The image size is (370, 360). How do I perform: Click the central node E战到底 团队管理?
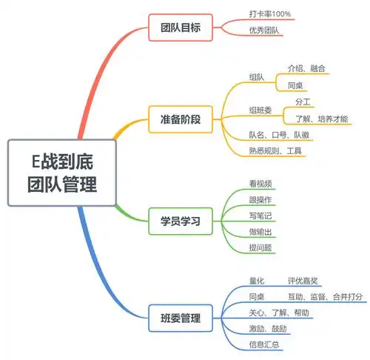pyautogui.click(x=62, y=172)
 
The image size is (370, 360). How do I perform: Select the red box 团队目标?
pyautogui.click(x=180, y=28)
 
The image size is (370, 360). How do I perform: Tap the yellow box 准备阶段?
pyautogui.click(x=180, y=119)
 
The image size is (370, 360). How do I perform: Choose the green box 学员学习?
pyautogui.click(x=180, y=221)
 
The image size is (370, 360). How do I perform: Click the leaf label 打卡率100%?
pyautogui.click(x=270, y=15)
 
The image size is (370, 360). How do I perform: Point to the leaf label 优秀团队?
pyautogui.click(x=265, y=31)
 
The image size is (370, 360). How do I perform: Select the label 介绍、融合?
pyautogui.click(x=306, y=68)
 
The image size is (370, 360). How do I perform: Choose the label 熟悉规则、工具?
pyautogui.click(x=277, y=151)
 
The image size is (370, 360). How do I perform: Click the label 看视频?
pyautogui.click(x=261, y=183)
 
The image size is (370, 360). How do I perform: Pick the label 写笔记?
pyautogui.click(x=261, y=216)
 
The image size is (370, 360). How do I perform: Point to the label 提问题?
pyautogui.click(x=261, y=248)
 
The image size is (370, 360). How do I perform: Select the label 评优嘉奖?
pyautogui.click(x=303, y=281)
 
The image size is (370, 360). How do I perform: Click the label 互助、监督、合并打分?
pyautogui.click(x=325, y=296)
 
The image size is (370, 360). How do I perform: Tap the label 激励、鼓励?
pyautogui.click(x=268, y=328)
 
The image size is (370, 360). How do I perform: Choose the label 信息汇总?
pyautogui.click(x=264, y=344)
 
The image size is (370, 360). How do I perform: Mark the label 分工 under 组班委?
pyautogui.click(x=302, y=101)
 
